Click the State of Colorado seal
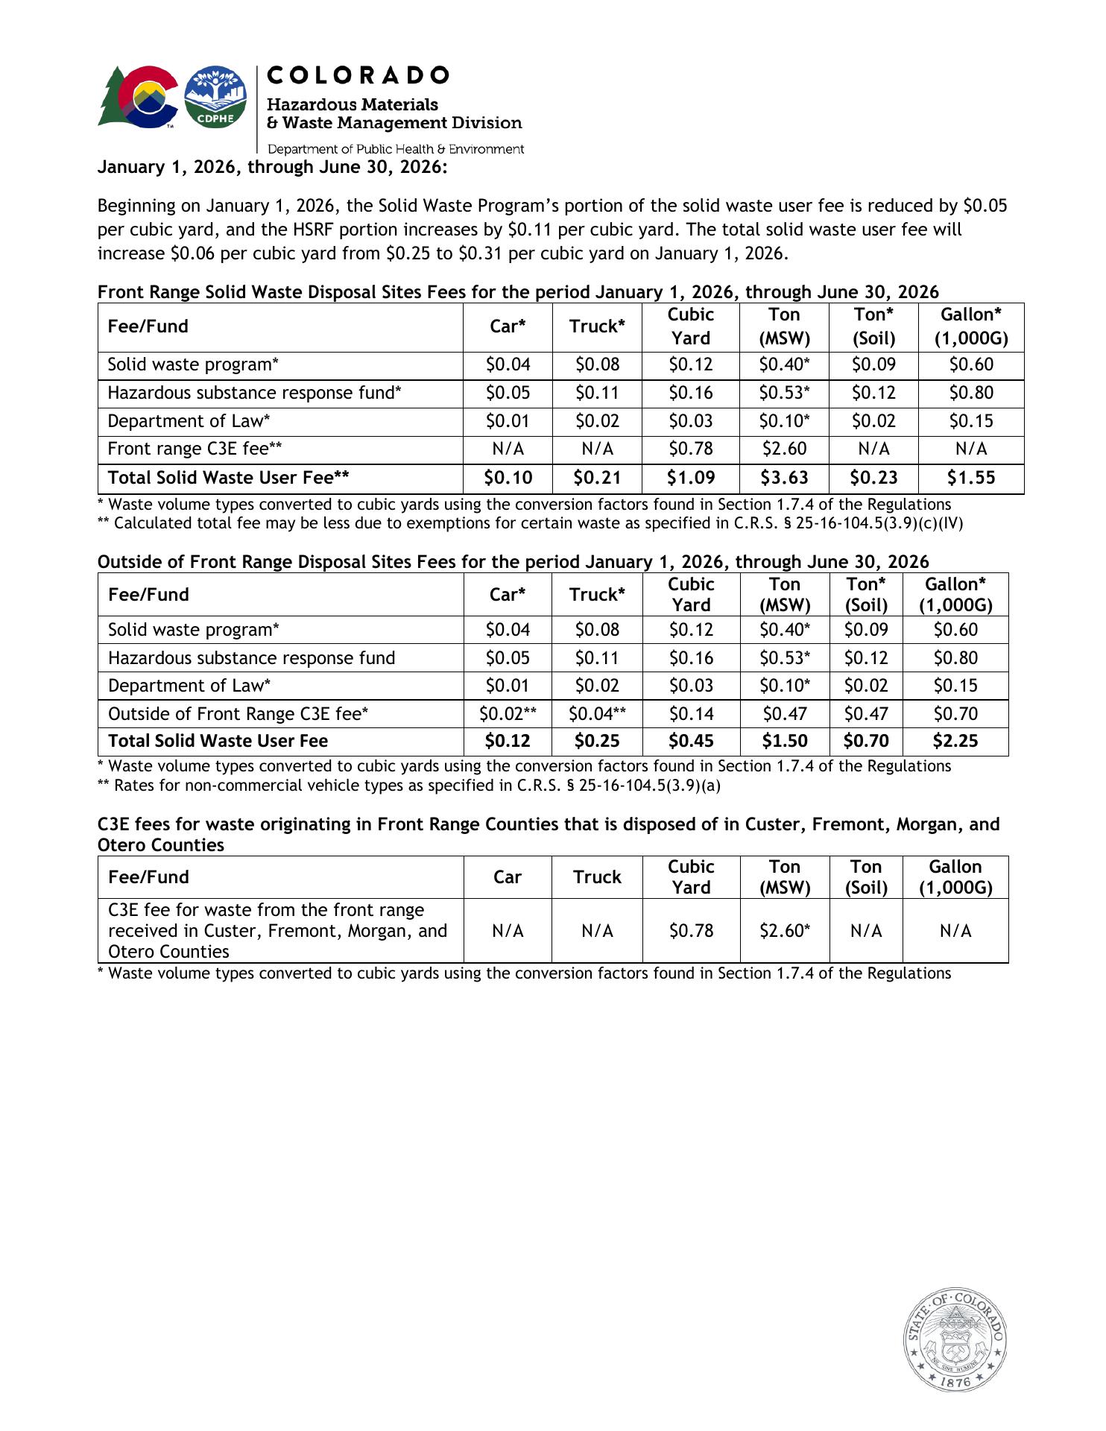coord(956,1339)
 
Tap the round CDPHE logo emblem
coord(215,97)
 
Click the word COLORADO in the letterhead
coord(358,75)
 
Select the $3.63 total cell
coord(784,478)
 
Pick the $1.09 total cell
coord(690,478)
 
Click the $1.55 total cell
coord(970,478)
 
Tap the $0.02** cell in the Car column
coord(508,714)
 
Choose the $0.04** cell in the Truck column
coord(597,714)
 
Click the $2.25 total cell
coord(955,741)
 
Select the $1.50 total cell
coord(784,741)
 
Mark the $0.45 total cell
coord(690,741)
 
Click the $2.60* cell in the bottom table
coord(784,931)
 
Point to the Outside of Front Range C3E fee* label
coord(238,714)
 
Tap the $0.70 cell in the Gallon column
coord(955,714)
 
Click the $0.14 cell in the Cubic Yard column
coord(690,714)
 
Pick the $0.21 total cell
coord(597,478)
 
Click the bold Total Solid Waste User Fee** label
coord(228,478)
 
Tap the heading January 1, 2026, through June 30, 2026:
coord(272,167)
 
